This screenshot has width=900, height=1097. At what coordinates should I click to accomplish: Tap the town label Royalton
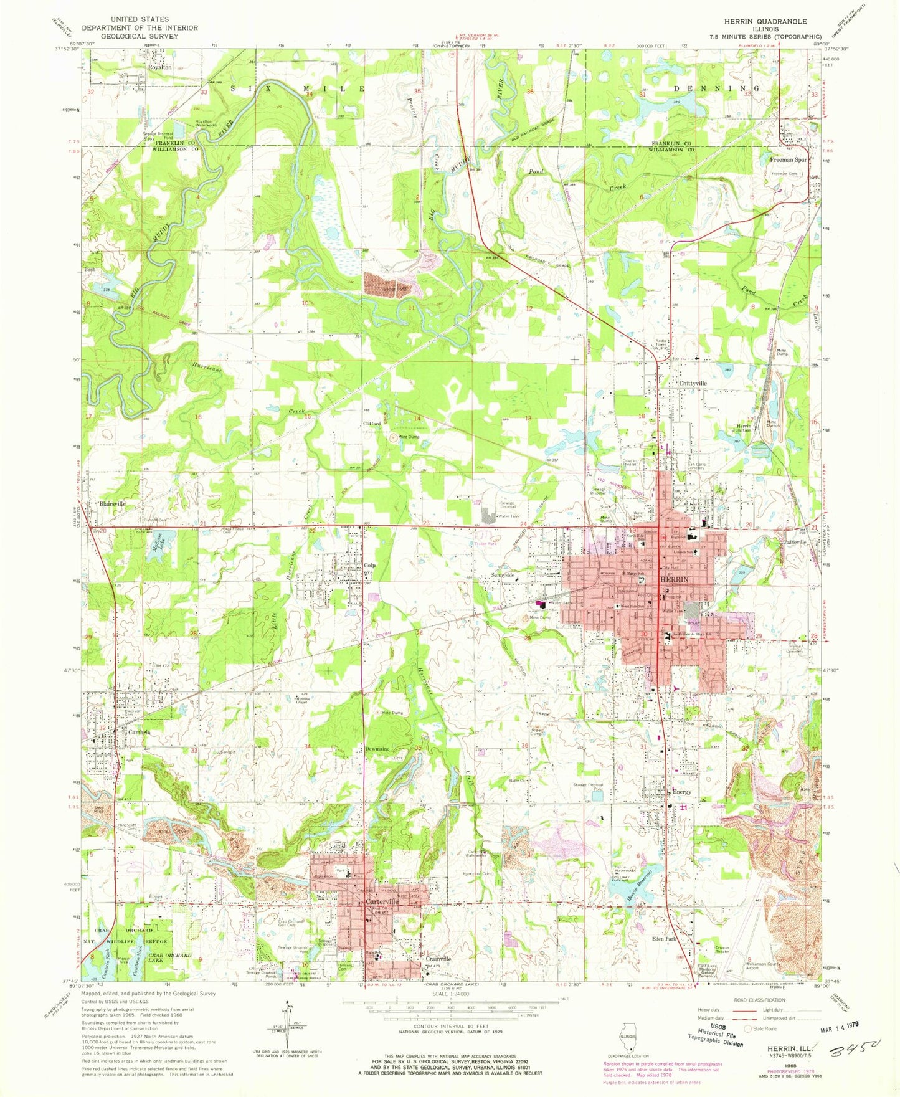(159, 67)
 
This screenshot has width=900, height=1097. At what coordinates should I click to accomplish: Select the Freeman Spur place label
(789, 160)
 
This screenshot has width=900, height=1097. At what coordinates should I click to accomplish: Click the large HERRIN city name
(675, 579)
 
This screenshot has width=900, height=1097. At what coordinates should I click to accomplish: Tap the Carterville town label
(382, 902)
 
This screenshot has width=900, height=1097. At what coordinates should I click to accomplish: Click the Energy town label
(682, 792)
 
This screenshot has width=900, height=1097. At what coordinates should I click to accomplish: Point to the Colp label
(369, 566)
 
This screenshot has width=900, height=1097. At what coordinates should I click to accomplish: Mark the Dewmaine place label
(377, 749)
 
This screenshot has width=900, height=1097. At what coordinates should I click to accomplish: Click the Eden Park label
(663, 938)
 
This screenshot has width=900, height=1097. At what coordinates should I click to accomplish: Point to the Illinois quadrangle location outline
(627, 1040)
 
